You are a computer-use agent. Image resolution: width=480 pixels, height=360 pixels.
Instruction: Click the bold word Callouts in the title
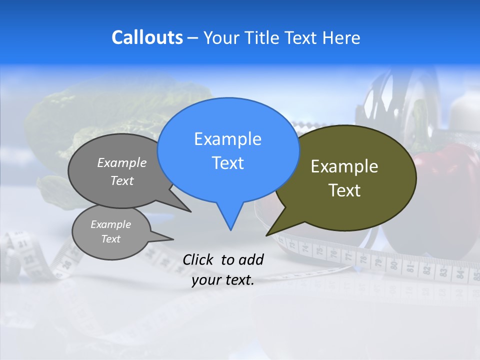click(147, 37)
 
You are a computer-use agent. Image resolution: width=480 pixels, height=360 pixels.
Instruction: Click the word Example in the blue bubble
click(227, 139)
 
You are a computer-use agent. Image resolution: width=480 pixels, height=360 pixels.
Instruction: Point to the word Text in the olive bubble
click(344, 190)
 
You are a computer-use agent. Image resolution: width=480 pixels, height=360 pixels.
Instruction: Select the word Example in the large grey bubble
click(121, 163)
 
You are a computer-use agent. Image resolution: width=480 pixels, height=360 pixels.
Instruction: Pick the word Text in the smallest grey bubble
click(110, 239)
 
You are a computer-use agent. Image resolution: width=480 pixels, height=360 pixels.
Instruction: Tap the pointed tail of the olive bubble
click(268, 234)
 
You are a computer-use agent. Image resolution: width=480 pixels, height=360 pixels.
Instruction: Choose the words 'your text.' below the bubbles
click(222, 280)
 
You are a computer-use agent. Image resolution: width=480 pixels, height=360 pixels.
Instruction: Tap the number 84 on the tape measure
click(455, 273)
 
